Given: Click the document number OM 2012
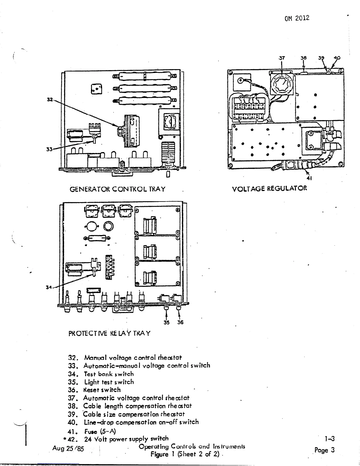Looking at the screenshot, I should click(x=297, y=18).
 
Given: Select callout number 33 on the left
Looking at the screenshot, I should click(x=49, y=149).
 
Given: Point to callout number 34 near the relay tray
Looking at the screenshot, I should click(x=49, y=287).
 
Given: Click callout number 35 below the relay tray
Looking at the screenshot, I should click(x=166, y=322).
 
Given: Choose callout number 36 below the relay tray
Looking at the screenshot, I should click(x=180, y=322).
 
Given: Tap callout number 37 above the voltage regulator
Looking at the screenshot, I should click(x=281, y=58).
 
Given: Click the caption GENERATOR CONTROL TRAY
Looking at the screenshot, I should click(x=117, y=189).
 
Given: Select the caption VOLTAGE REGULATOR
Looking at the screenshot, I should click(x=269, y=189).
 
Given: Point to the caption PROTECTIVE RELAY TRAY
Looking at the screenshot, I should click(x=109, y=333).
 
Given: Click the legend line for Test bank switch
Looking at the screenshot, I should click(x=101, y=374).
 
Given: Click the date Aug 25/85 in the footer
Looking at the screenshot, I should click(x=68, y=449).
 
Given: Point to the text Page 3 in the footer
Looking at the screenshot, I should click(x=324, y=450).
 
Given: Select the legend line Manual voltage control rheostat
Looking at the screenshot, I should click(x=125, y=358).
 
